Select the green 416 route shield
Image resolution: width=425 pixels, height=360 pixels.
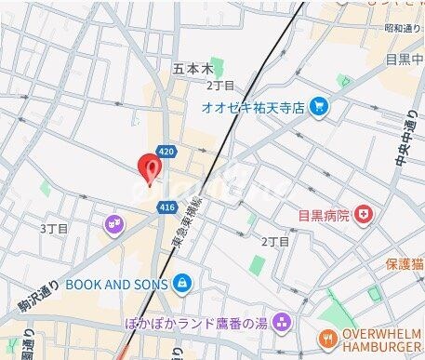pyautogui.click(x=167, y=207)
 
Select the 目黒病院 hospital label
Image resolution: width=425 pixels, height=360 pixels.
pyautogui.click(x=325, y=215)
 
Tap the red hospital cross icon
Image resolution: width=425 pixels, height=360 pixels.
pyautogui.click(x=365, y=215)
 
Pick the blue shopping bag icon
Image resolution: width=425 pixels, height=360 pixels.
pyautogui.click(x=182, y=280)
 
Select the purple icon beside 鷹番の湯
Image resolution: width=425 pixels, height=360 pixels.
pyautogui.click(x=285, y=324)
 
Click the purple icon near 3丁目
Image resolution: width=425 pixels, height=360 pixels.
pyautogui.click(x=113, y=223)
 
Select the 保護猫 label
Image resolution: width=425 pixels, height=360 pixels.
pyautogui.click(x=405, y=263)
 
